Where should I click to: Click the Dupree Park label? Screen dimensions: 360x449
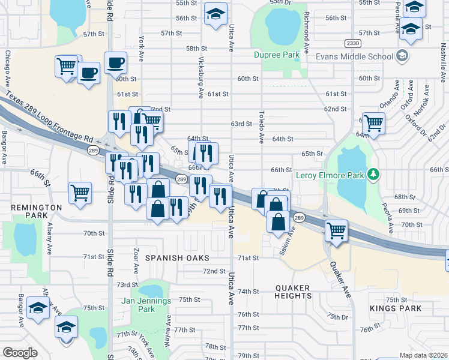point(276,55)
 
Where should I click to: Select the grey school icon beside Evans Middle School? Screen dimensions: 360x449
point(402,56)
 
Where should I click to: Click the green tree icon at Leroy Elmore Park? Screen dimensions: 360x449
point(374,175)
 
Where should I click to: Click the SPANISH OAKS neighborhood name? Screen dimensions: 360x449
point(177,258)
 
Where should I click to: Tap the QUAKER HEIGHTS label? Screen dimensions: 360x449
point(294,292)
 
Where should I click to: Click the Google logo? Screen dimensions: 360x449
point(20,353)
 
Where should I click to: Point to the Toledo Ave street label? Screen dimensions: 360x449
point(262,127)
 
